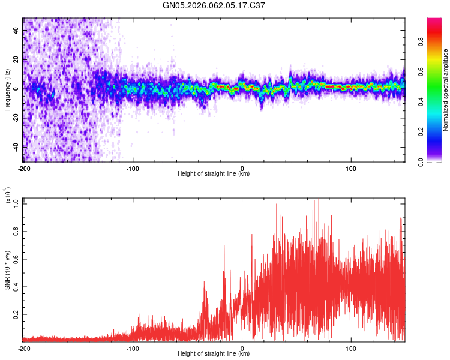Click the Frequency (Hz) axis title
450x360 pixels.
pyautogui.click(x=7, y=89)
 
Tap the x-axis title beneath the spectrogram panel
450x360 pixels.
pyautogui.click(x=214, y=174)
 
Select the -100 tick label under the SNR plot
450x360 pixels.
pyautogui.click(x=133, y=348)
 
